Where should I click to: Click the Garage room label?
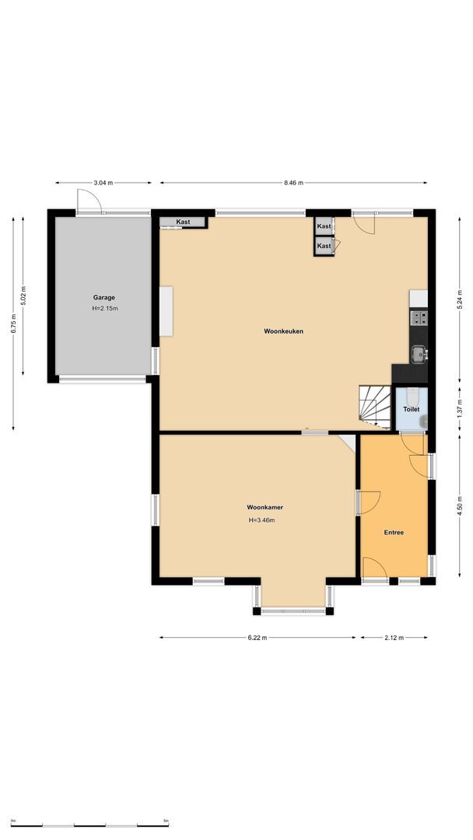click(x=104, y=297)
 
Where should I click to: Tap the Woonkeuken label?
click(x=283, y=331)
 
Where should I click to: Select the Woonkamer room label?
click(x=265, y=507)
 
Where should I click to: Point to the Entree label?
click(x=394, y=533)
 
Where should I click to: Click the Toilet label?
click(x=412, y=409)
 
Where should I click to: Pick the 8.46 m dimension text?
click(x=293, y=183)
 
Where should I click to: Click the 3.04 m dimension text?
click(x=103, y=183)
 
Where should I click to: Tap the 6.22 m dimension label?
click(x=258, y=638)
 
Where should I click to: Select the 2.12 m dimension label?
click(x=394, y=638)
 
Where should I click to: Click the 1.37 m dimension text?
click(x=459, y=410)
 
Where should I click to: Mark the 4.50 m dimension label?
click(x=459, y=506)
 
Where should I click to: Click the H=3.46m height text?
click(x=262, y=520)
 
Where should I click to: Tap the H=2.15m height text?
click(x=105, y=308)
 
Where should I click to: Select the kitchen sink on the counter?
click(x=419, y=354)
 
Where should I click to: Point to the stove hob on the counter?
click(x=419, y=317)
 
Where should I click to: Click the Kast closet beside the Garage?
click(x=183, y=222)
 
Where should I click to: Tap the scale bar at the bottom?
click(x=89, y=825)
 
